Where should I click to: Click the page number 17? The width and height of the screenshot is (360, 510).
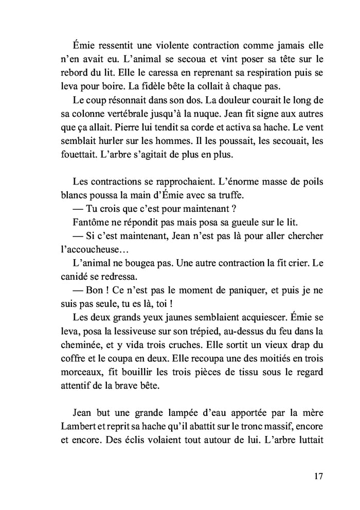(x=317, y=476)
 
